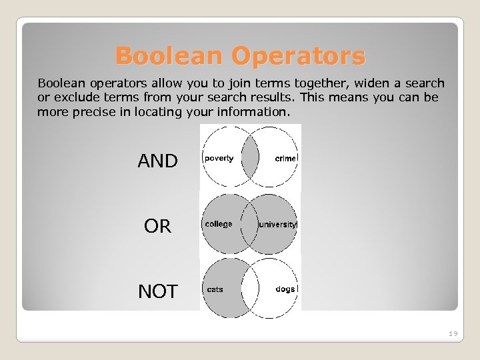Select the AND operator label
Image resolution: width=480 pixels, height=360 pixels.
point(157,161)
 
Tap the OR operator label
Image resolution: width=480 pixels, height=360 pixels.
point(157,227)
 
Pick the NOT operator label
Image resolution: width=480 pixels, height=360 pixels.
point(157,291)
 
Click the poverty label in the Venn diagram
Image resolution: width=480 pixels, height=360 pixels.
point(219,158)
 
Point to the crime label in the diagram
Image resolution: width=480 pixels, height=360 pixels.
point(285,158)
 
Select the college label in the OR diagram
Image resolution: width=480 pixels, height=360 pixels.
point(219,224)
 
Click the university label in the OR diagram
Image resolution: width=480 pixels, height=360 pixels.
point(278,224)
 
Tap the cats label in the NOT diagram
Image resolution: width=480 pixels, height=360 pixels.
point(215,289)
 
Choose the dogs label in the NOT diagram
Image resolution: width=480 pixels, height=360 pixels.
point(285,289)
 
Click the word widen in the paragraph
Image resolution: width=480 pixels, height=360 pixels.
point(373,83)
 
